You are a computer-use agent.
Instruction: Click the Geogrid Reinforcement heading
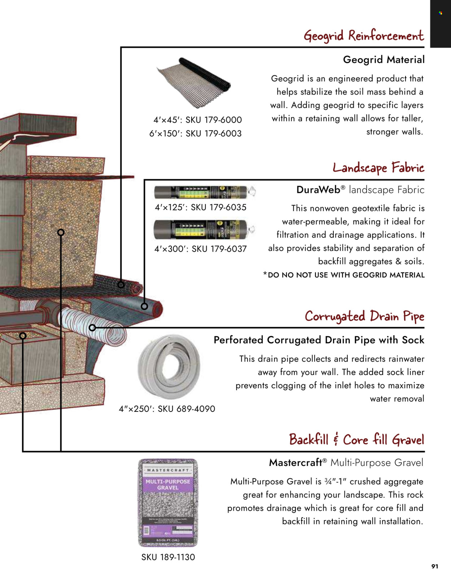click(x=364, y=36)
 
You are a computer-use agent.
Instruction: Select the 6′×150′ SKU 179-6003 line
click(x=196, y=134)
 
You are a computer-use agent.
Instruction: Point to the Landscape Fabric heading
click(x=378, y=168)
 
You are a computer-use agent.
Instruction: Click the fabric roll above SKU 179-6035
click(x=204, y=192)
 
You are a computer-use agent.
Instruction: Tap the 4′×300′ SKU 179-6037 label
click(x=201, y=249)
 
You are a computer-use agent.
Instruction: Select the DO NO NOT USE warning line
click(x=344, y=275)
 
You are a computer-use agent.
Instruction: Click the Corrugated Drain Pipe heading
click(x=364, y=317)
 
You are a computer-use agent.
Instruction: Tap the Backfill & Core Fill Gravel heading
click(x=356, y=440)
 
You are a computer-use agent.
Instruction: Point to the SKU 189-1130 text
click(x=168, y=557)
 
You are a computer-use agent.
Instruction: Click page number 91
click(x=435, y=566)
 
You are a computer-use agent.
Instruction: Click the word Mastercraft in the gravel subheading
click(x=295, y=463)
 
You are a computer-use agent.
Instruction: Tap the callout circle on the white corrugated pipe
click(x=92, y=328)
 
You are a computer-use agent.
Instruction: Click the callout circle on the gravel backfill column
click(x=61, y=232)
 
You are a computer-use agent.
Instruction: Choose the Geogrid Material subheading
click(x=384, y=60)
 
